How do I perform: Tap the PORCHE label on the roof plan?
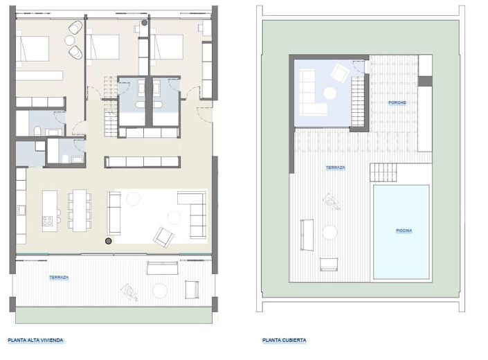397,102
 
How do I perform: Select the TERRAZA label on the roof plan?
336,168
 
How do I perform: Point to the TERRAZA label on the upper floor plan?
59,278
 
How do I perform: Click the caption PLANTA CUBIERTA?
284,340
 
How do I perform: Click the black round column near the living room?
108,241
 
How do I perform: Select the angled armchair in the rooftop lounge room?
339,72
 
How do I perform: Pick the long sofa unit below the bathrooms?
136,162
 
